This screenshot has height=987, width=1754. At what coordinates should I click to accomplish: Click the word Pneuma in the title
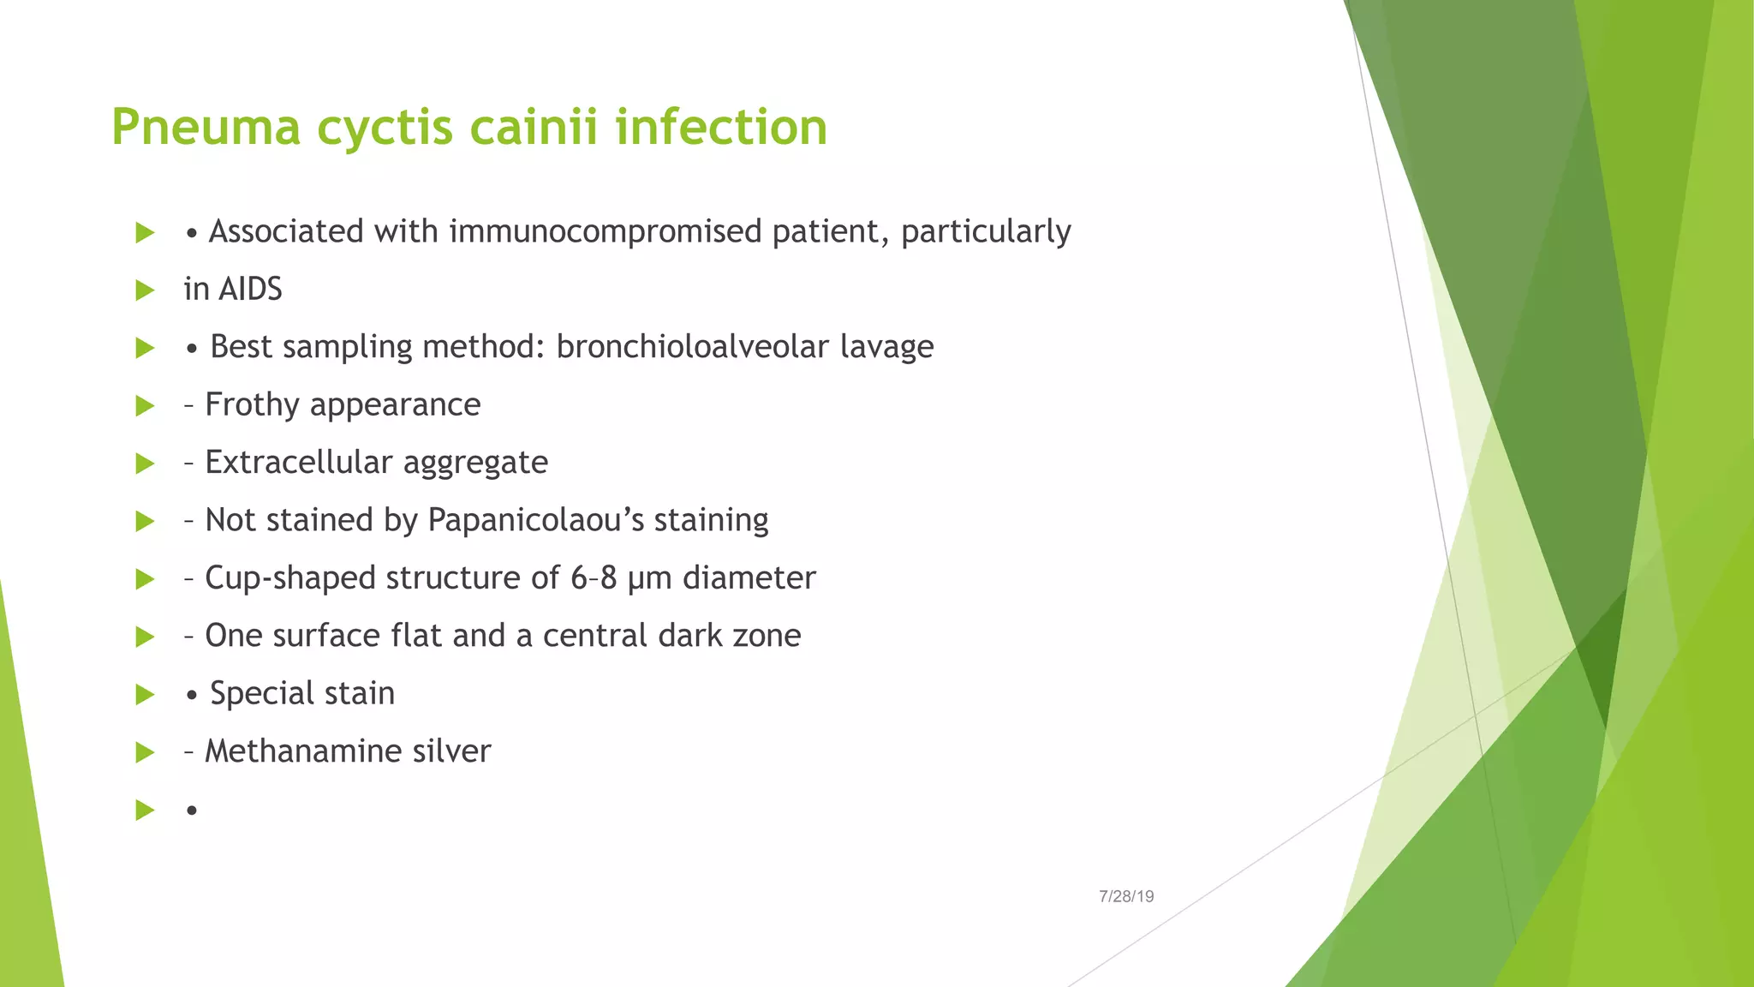(206, 128)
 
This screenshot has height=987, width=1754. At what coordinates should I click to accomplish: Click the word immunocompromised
(605, 232)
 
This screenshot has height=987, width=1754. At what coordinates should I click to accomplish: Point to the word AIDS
(250, 290)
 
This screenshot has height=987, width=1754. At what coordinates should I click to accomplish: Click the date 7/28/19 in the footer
(1126, 897)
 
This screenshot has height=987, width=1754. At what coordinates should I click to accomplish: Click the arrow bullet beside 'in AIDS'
(145, 290)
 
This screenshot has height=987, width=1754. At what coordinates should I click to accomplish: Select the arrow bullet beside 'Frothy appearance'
(145, 406)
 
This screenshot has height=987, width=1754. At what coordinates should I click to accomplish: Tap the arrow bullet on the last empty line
(145, 811)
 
